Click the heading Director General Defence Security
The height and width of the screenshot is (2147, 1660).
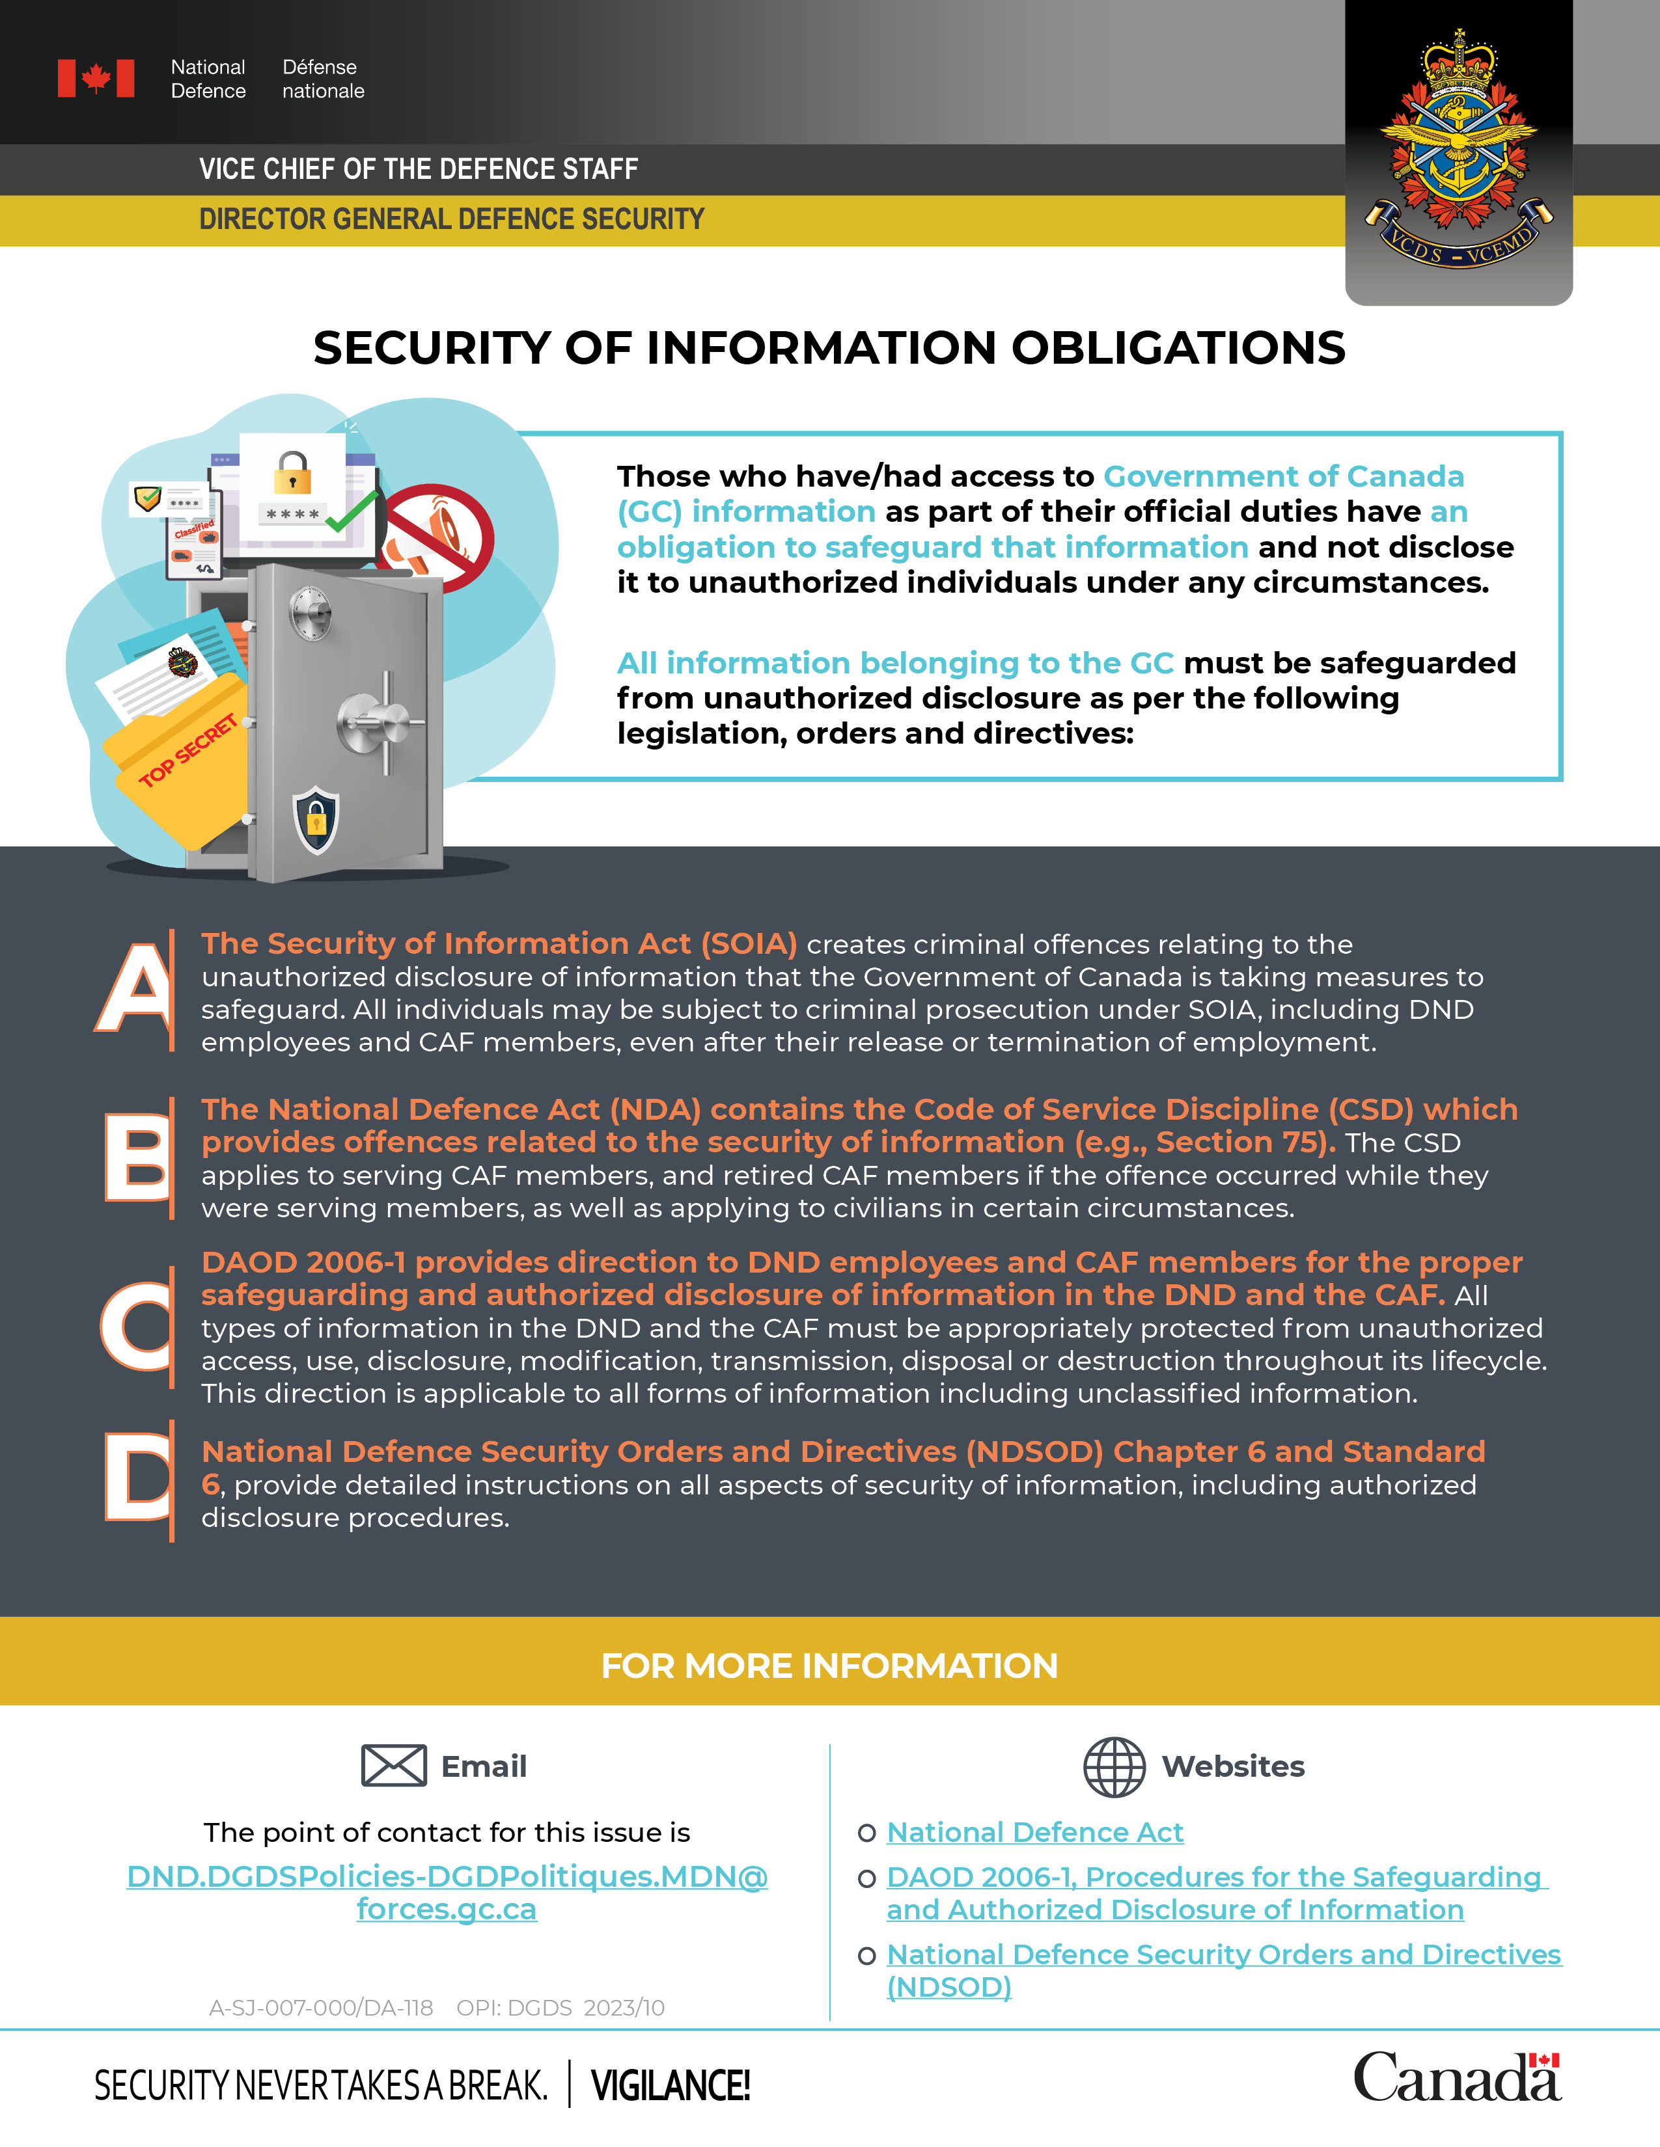click(x=451, y=219)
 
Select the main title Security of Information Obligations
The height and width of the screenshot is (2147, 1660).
click(x=829, y=348)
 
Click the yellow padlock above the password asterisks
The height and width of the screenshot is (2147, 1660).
click(x=292, y=473)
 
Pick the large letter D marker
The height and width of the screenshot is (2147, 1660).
click(x=137, y=1474)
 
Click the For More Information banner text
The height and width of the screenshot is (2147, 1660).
click(x=829, y=1666)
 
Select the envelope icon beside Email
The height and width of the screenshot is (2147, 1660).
click(x=393, y=1766)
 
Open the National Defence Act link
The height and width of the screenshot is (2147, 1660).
click(x=1034, y=1832)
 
